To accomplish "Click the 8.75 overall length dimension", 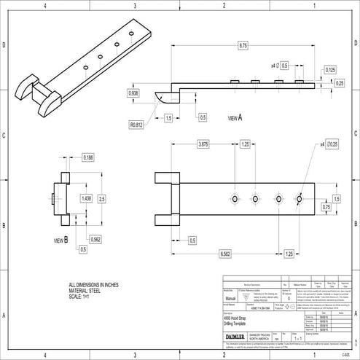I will click(243, 45).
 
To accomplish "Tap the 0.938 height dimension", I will click(133, 93).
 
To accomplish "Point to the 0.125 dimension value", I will click(330, 69).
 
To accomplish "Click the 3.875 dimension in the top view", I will click(203, 145).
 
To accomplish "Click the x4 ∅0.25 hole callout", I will click(329, 145).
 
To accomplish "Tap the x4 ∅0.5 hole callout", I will click(280, 66).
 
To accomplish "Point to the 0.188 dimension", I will click(87, 157).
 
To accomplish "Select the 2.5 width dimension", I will click(102, 198).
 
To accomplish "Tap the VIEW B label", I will click(61, 239).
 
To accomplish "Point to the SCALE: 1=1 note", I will click(78, 297).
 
